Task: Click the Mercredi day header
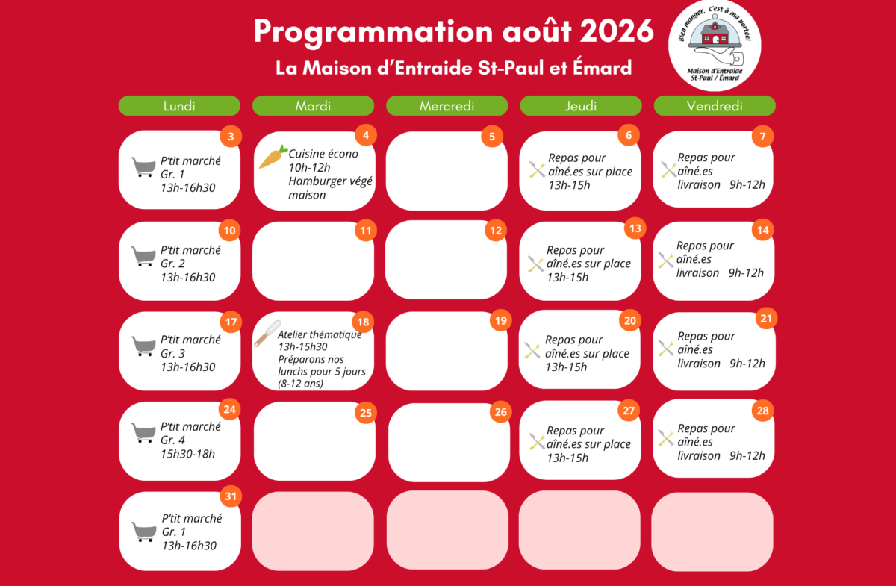tap(447, 106)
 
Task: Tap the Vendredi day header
tap(715, 106)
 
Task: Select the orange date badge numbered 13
tap(635, 228)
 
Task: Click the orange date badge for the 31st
tap(231, 496)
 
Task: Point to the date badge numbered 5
tap(492, 137)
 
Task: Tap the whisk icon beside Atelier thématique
tap(267, 333)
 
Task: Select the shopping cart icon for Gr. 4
tap(143, 433)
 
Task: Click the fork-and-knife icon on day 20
tap(532, 350)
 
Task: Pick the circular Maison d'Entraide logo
tap(715, 46)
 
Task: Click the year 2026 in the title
tap(617, 31)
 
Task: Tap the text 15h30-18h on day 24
tap(187, 454)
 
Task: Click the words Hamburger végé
tap(330, 181)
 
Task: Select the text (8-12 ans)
tap(300, 384)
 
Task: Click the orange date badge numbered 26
tap(501, 412)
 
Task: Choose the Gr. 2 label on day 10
tap(172, 264)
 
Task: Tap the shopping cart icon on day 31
tap(143, 532)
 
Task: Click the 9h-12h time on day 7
tap(747, 185)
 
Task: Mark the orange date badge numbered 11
tap(366, 231)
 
